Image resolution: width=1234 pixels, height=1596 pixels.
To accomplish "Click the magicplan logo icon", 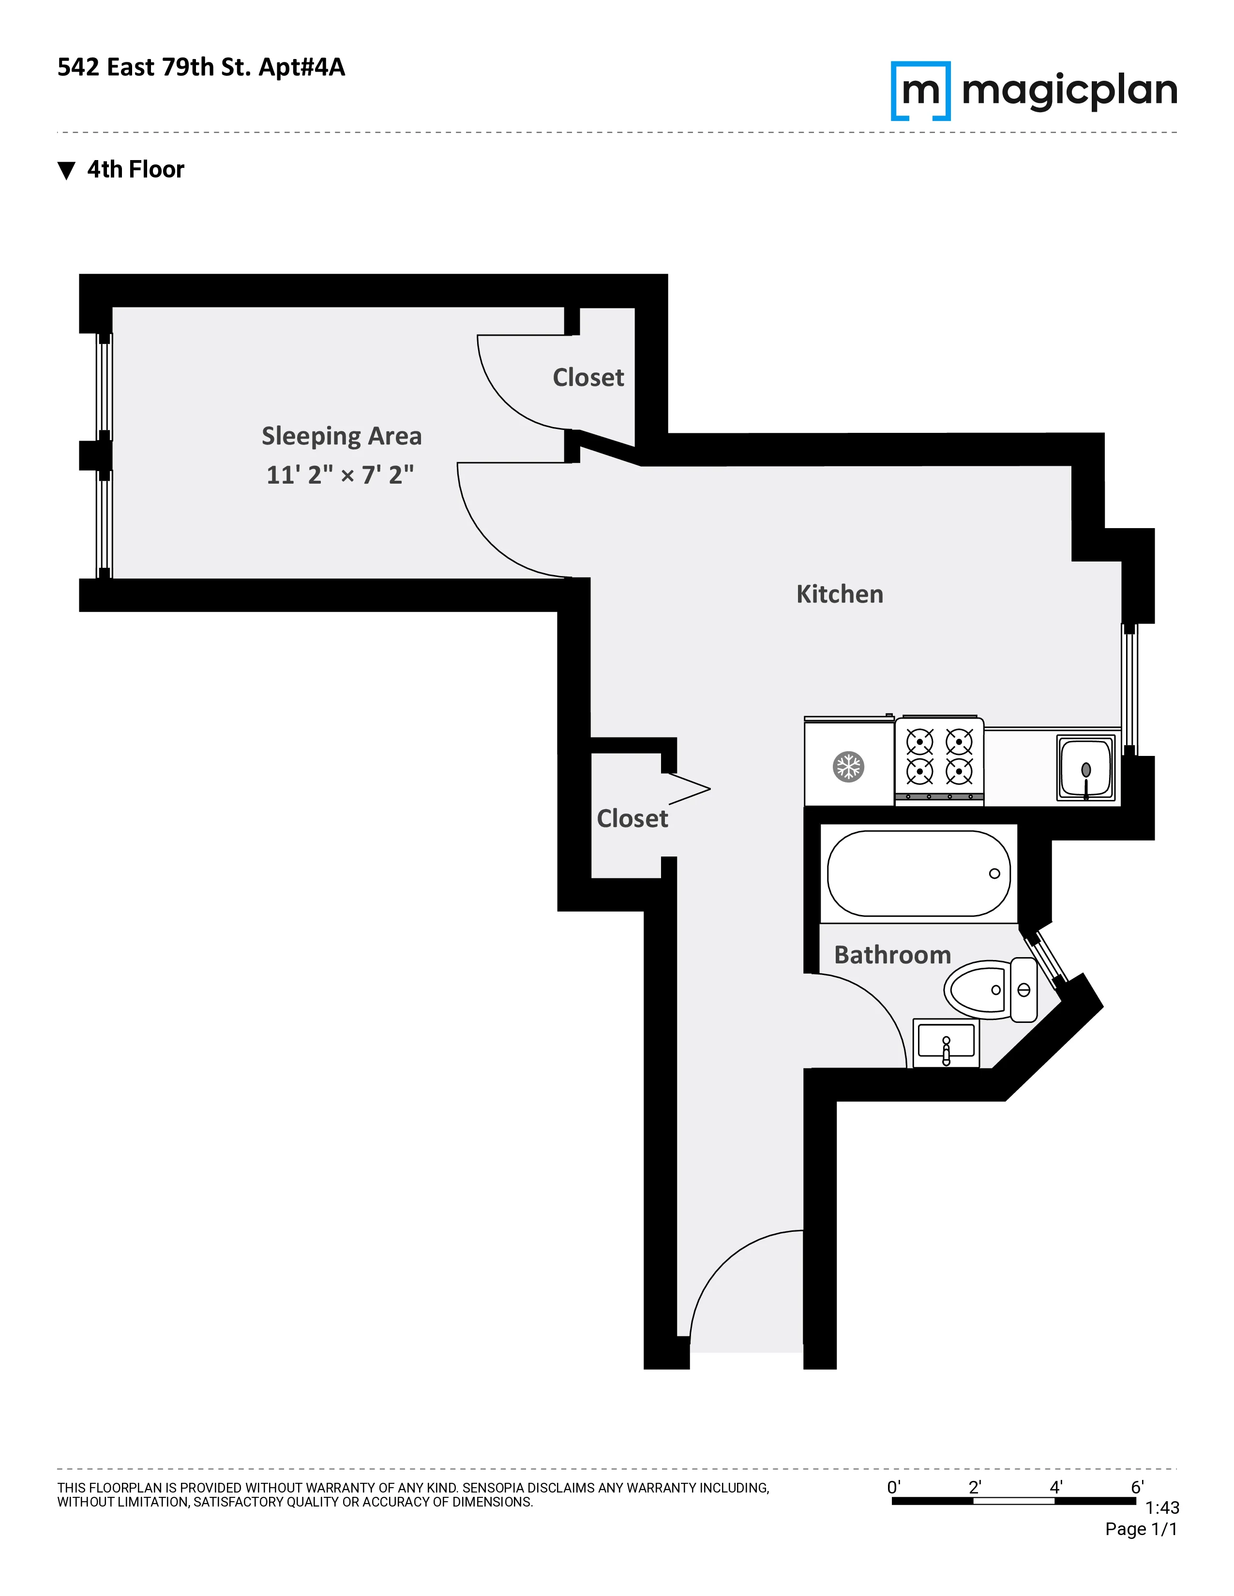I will coord(920,90).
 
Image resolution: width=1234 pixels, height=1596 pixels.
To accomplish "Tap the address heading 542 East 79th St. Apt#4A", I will coord(201,67).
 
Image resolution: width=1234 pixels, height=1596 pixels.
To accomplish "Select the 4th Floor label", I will coord(135,170).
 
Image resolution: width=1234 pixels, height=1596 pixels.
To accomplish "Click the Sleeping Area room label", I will coord(341,436).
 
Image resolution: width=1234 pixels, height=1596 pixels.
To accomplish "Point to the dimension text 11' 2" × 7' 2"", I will coord(340,475).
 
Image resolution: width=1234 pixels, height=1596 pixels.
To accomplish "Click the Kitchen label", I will coord(839,594).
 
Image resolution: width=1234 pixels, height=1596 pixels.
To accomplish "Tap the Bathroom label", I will coord(892,955).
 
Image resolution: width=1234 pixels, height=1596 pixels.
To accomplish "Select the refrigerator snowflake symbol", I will coord(848,767).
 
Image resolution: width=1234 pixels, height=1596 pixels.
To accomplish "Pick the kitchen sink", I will coord(1085,768).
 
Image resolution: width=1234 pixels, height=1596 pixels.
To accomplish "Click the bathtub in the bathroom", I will coord(918,873).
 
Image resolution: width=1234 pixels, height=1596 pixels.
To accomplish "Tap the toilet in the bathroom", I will coord(991,990).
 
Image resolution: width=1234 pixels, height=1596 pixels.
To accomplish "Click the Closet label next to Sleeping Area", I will coord(588,378).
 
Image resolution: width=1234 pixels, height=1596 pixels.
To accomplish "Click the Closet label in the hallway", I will coord(632,818).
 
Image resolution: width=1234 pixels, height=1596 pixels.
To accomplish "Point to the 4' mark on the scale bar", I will coord(1055,1487).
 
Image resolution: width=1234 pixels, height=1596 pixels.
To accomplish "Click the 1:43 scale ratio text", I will coord(1161,1507).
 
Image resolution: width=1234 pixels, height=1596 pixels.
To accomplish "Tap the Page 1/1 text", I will coord(1141,1529).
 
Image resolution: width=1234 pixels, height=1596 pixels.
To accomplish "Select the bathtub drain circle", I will coord(994,873).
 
